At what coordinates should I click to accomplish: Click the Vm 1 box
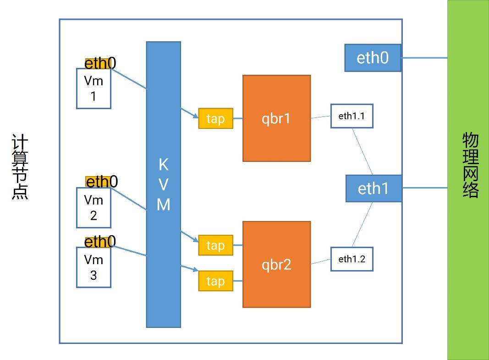click(x=93, y=89)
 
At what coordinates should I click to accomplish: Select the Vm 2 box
click(x=93, y=208)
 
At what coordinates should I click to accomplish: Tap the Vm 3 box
click(x=93, y=267)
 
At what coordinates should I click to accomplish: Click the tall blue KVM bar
click(x=164, y=184)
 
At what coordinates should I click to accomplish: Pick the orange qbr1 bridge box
click(x=276, y=118)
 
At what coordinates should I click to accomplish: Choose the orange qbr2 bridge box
click(x=276, y=265)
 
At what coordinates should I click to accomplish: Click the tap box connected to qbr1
click(x=215, y=118)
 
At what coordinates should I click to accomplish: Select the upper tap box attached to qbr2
click(x=215, y=245)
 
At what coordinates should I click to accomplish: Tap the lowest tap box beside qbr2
click(x=215, y=281)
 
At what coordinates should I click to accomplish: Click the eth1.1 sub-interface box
click(x=352, y=116)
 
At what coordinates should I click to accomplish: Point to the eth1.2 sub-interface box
click(x=352, y=259)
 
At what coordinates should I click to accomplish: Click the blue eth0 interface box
click(x=373, y=58)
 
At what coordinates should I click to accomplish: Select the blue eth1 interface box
click(x=373, y=188)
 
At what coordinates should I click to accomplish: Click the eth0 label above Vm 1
click(x=100, y=63)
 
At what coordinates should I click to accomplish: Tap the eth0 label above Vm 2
click(x=101, y=182)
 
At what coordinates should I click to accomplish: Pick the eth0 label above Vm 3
click(x=100, y=242)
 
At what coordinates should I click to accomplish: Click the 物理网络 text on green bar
click(x=470, y=165)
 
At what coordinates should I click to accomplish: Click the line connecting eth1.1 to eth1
click(x=363, y=151)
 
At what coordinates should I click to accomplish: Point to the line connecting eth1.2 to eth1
click(x=362, y=225)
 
